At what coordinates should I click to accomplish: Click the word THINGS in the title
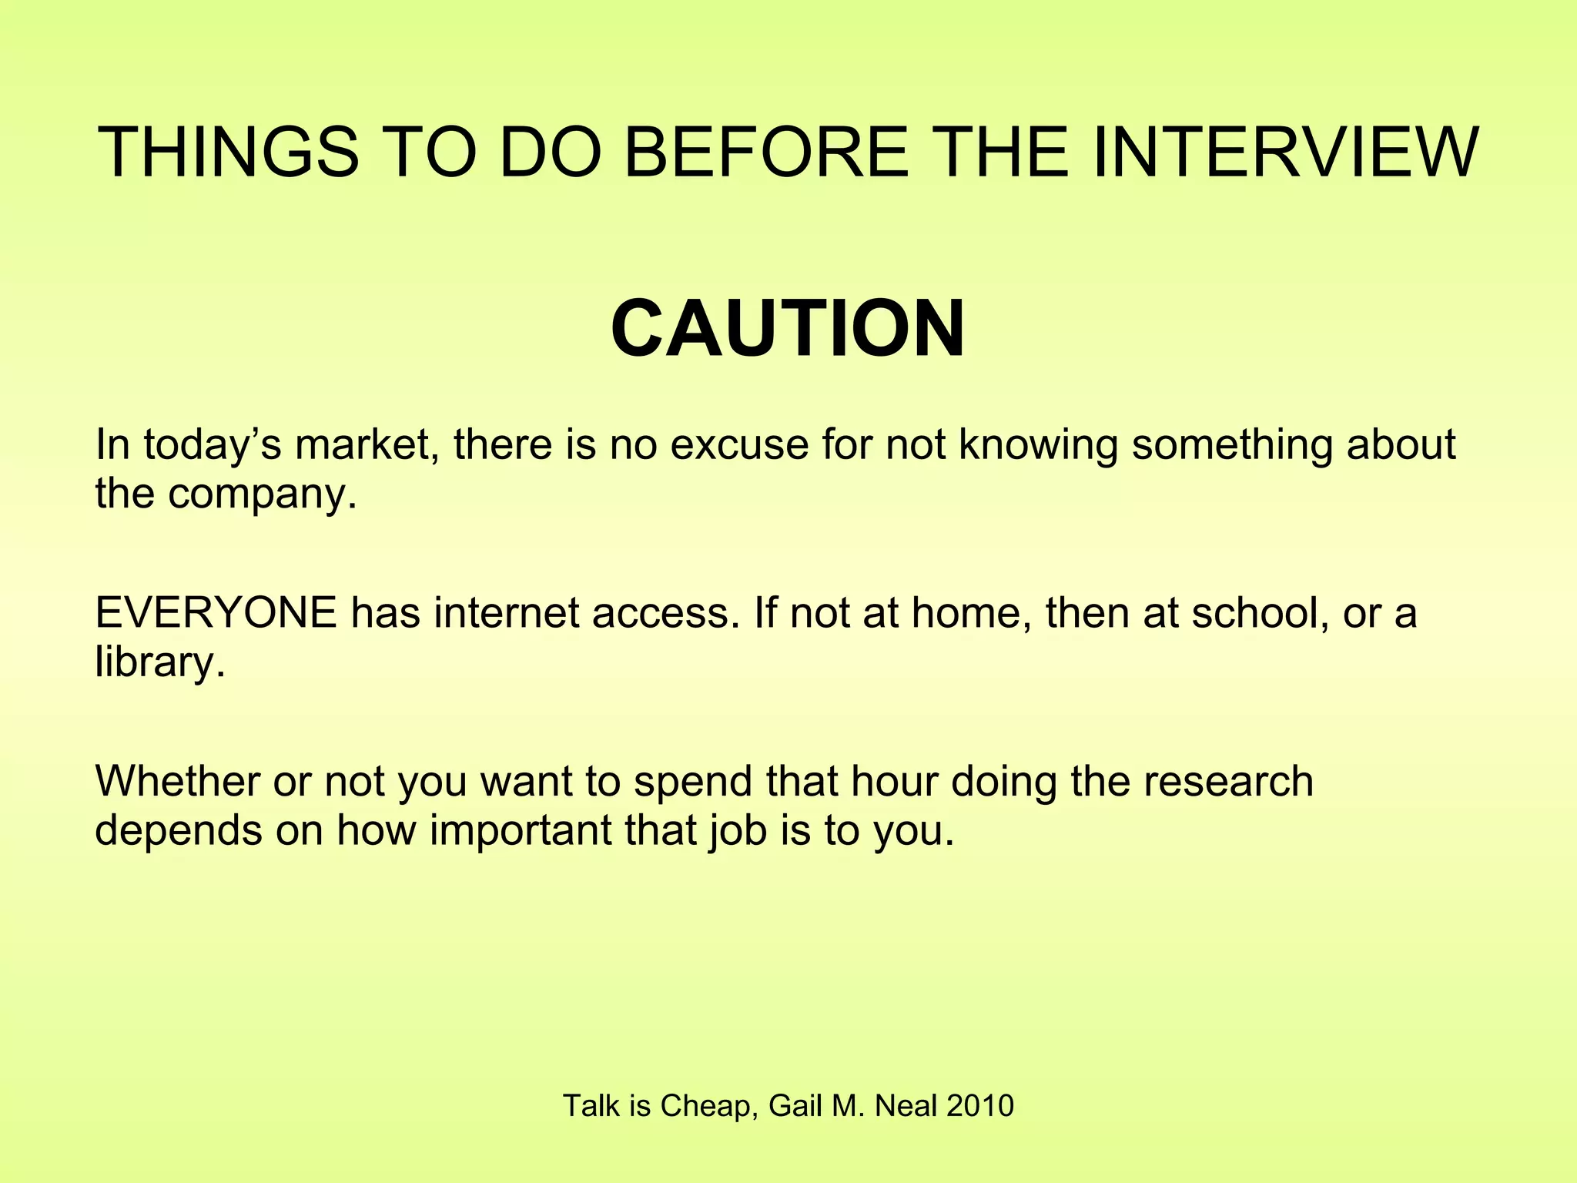(x=229, y=152)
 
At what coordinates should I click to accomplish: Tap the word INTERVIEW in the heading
(x=1284, y=152)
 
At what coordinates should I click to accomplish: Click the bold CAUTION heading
(x=788, y=329)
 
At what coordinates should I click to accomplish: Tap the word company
(x=263, y=494)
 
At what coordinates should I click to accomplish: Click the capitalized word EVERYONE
(x=216, y=613)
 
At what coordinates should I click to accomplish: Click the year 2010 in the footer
(x=979, y=1106)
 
